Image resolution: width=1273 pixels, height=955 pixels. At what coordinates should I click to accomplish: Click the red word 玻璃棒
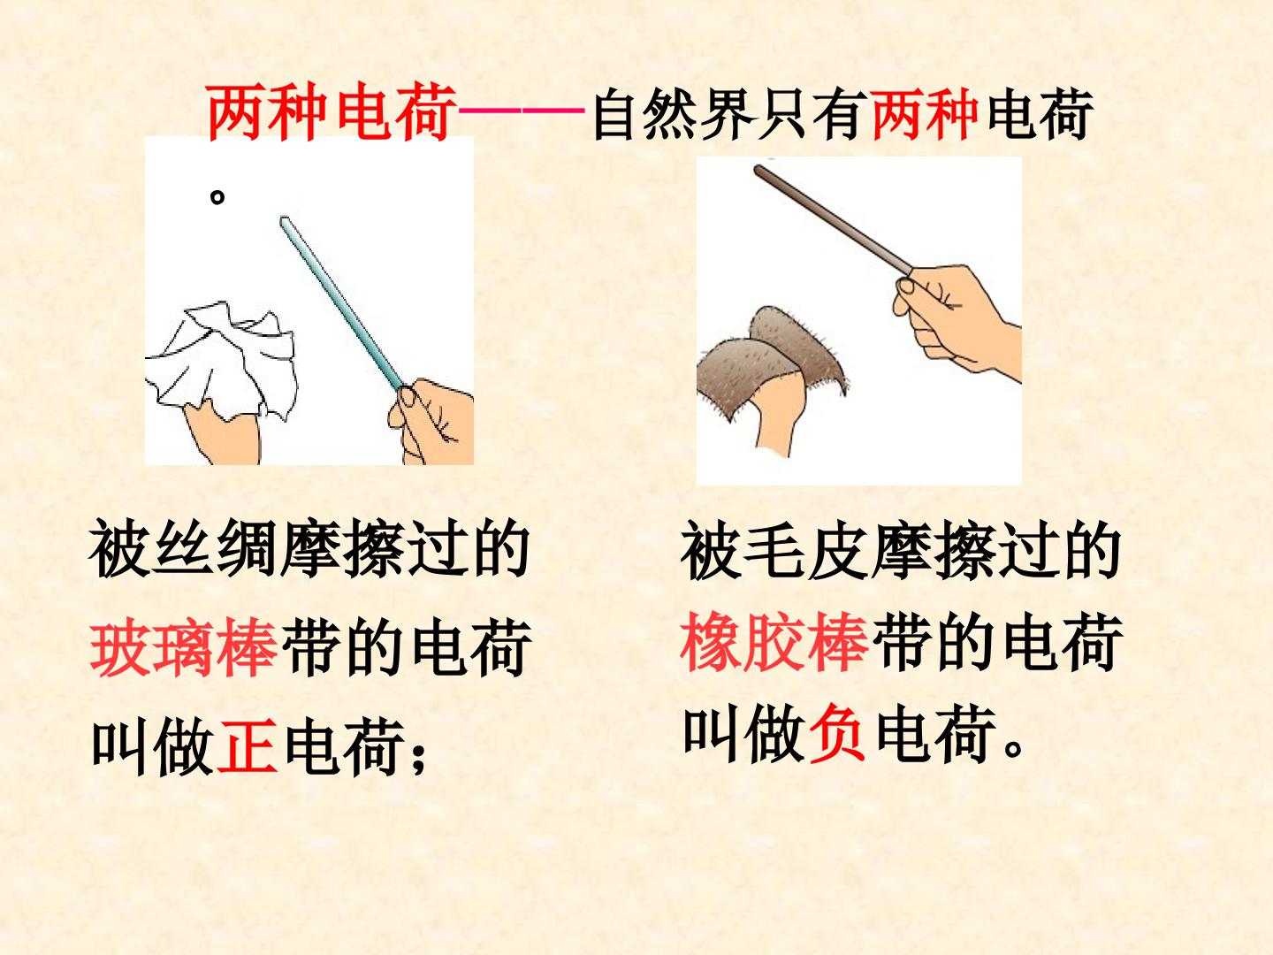click(x=184, y=647)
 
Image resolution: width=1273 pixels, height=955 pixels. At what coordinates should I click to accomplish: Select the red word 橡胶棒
click(x=774, y=642)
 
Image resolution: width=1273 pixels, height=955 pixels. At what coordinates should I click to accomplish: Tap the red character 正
click(x=247, y=745)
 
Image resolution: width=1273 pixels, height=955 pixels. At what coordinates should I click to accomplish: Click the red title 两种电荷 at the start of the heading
click(x=332, y=111)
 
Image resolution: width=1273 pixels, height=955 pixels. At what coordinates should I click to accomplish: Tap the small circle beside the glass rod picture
click(x=217, y=197)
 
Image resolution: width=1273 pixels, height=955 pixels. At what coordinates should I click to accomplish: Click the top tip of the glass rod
click(x=284, y=218)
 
